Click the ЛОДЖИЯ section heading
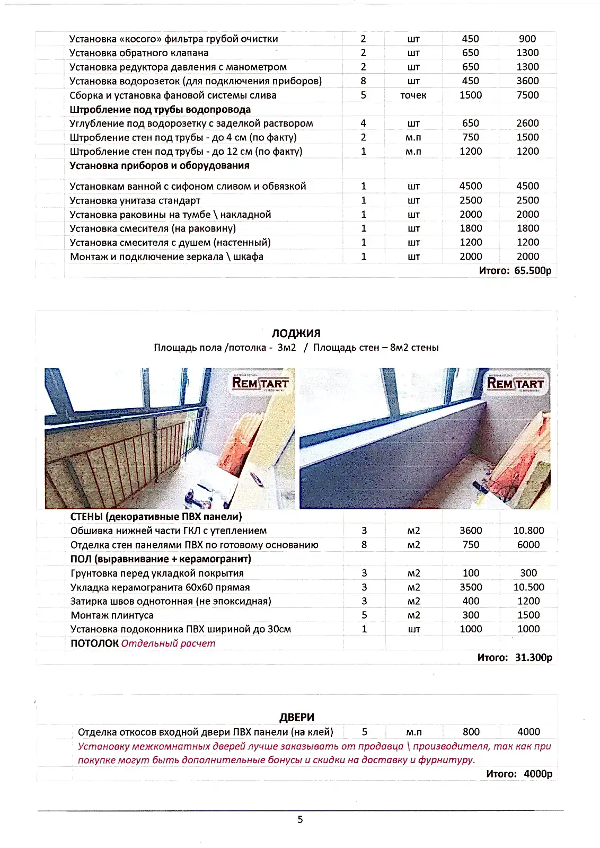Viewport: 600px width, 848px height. [x=296, y=333]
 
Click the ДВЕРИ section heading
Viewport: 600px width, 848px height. [x=297, y=717]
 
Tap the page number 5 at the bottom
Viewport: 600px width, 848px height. [x=300, y=819]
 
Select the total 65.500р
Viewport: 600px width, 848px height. [x=533, y=271]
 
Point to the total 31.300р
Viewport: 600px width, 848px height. [x=533, y=658]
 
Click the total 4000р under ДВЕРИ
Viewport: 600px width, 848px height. [x=537, y=774]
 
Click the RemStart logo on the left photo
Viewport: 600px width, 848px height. [x=260, y=383]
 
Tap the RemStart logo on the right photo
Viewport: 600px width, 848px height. [x=515, y=383]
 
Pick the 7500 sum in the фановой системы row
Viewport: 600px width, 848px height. [x=527, y=95]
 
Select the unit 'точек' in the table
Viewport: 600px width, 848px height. [x=413, y=95]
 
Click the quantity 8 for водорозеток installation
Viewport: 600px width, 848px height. [x=363, y=81]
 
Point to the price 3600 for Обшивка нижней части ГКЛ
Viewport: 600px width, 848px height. [x=471, y=531]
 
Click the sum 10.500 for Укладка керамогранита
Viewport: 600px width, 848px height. [x=528, y=587]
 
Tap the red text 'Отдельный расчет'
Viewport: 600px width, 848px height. [x=168, y=643]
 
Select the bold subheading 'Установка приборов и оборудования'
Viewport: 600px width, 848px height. [x=160, y=166]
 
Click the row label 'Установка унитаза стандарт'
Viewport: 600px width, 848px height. [x=135, y=201]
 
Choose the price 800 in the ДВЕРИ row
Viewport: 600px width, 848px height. [x=471, y=732]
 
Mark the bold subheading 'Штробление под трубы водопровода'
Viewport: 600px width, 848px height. [x=160, y=110]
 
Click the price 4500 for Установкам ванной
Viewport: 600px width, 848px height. [x=471, y=187]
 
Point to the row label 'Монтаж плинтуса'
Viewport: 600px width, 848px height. [x=112, y=615]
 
